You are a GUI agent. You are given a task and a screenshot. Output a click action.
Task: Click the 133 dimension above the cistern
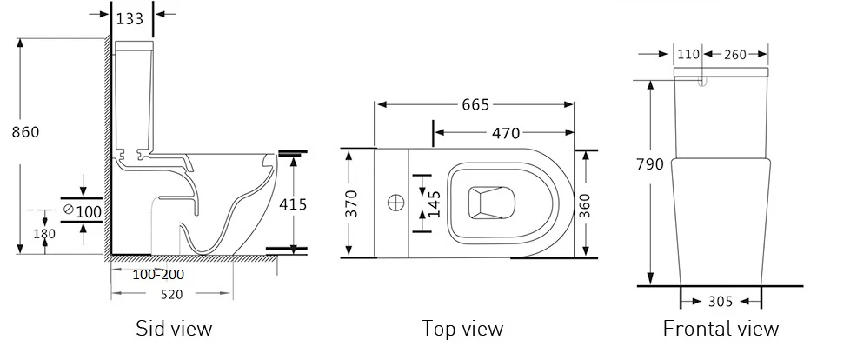click(x=130, y=18)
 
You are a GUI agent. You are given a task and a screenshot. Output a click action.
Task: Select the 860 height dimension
click(x=26, y=132)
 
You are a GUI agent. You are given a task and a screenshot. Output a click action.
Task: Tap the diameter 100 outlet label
click(x=82, y=210)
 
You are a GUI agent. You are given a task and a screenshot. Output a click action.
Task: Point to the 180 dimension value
click(x=44, y=234)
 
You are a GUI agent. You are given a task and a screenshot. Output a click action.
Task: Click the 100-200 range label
click(x=158, y=274)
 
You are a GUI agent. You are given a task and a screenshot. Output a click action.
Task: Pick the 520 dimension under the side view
click(x=171, y=294)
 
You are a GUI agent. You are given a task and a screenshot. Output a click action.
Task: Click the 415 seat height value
click(x=293, y=204)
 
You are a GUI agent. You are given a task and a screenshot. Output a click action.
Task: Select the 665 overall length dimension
click(x=475, y=104)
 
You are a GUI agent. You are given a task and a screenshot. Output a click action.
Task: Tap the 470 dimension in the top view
click(x=506, y=132)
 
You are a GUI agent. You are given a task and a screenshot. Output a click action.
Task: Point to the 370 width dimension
click(x=352, y=203)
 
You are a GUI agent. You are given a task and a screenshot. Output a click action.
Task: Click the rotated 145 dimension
click(x=434, y=204)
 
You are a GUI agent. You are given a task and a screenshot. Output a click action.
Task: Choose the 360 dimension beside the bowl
click(x=584, y=204)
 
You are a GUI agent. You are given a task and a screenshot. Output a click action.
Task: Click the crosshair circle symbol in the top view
click(x=395, y=203)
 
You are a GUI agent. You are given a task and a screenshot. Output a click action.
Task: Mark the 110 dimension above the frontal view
click(x=688, y=54)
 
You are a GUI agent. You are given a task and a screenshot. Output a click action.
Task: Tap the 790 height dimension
click(x=650, y=163)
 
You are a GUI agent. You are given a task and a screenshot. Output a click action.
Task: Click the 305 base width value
click(x=721, y=302)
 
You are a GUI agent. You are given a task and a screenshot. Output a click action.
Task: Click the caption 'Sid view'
click(x=174, y=329)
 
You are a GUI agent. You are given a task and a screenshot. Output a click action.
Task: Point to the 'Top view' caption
click(x=462, y=329)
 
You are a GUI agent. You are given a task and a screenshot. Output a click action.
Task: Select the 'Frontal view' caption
click(x=721, y=329)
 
